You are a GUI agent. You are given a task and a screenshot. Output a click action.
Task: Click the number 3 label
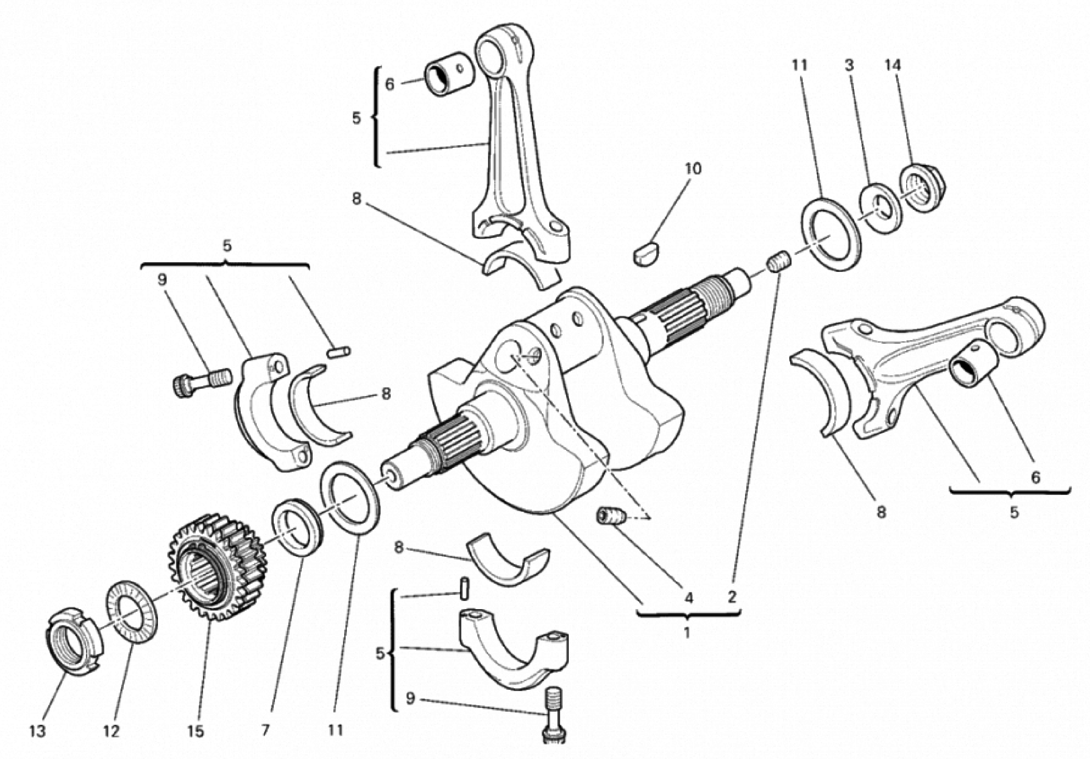pos(849,66)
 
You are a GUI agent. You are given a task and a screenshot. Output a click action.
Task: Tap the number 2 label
pos(732,596)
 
